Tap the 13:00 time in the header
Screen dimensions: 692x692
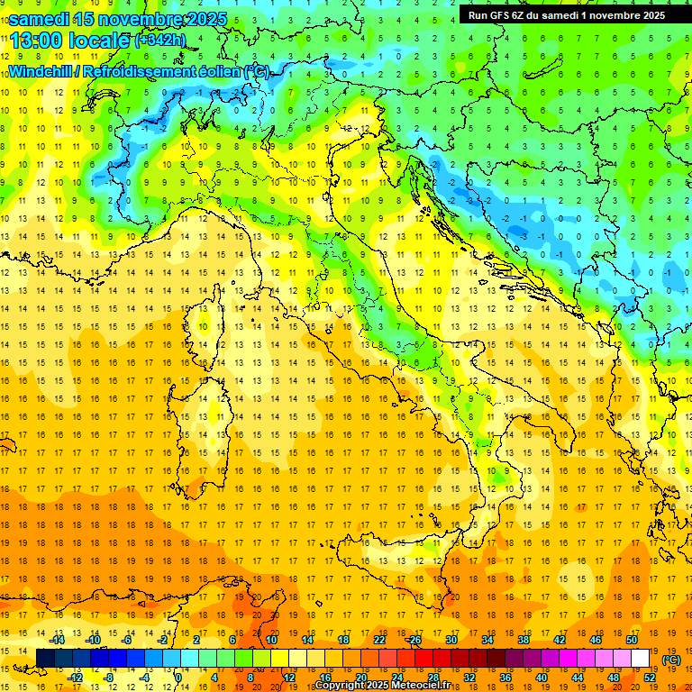tap(36, 40)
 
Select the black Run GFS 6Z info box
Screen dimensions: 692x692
tap(567, 14)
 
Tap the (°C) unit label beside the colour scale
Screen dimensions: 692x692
tap(670, 660)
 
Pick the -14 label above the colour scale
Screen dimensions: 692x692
tap(59, 640)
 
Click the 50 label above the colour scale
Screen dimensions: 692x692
tap(632, 640)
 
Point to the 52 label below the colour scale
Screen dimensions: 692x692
tap(650, 678)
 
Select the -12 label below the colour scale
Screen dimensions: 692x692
tap(77, 678)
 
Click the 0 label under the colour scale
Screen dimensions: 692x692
tap(179, 678)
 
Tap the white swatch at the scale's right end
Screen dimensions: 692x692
tap(641, 659)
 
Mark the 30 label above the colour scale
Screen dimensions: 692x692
tap(451, 640)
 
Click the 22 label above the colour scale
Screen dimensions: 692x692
tap(379, 640)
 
